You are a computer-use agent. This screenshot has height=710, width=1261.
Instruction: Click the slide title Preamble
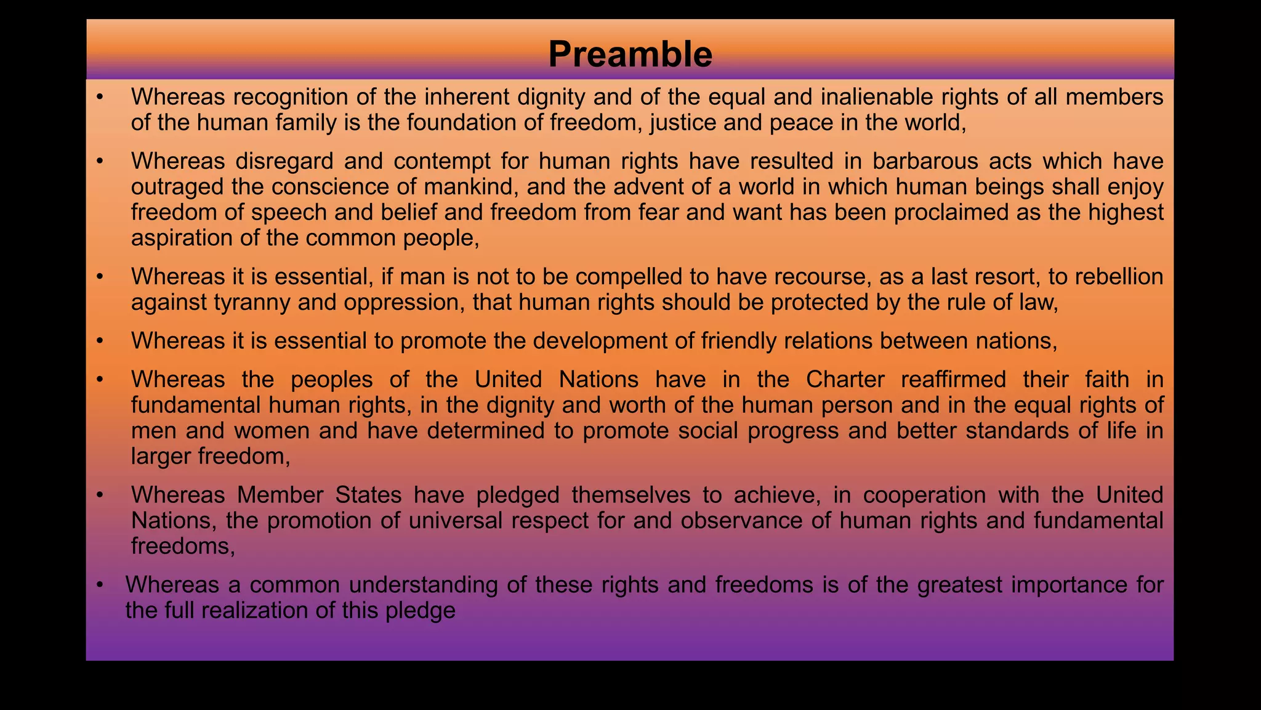pyautogui.click(x=630, y=54)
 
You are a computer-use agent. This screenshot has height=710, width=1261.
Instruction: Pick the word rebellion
pyautogui.click(x=1119, y=277)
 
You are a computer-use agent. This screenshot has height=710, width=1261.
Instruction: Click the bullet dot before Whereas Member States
pyautogui.click(x=100, y=495)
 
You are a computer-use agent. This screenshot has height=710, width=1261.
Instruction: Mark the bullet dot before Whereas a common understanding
pyautogui.click(x=100, y=585)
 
